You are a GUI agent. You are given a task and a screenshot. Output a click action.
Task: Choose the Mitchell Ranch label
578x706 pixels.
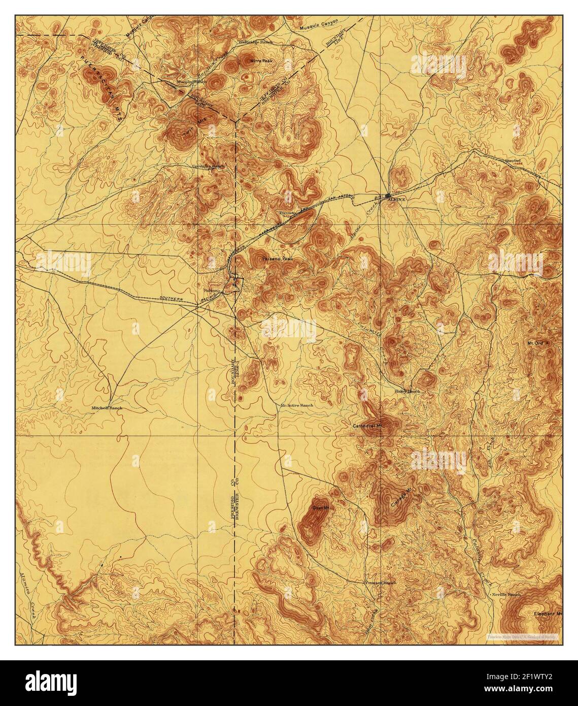coord(107,407)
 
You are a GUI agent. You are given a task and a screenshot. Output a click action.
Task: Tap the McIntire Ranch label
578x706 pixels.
coord(296,405)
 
